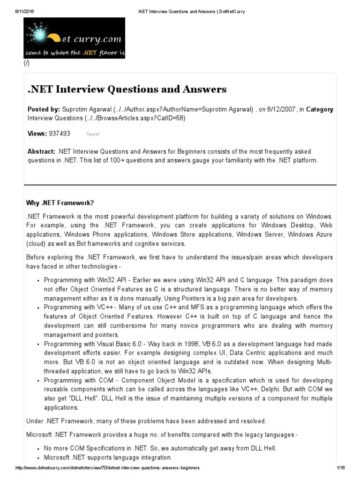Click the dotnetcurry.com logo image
pos(75,38)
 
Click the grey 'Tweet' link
pos(92,134)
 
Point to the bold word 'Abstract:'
pos(41,152)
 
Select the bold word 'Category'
pos(320,110)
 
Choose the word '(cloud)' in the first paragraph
pos(36,244)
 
